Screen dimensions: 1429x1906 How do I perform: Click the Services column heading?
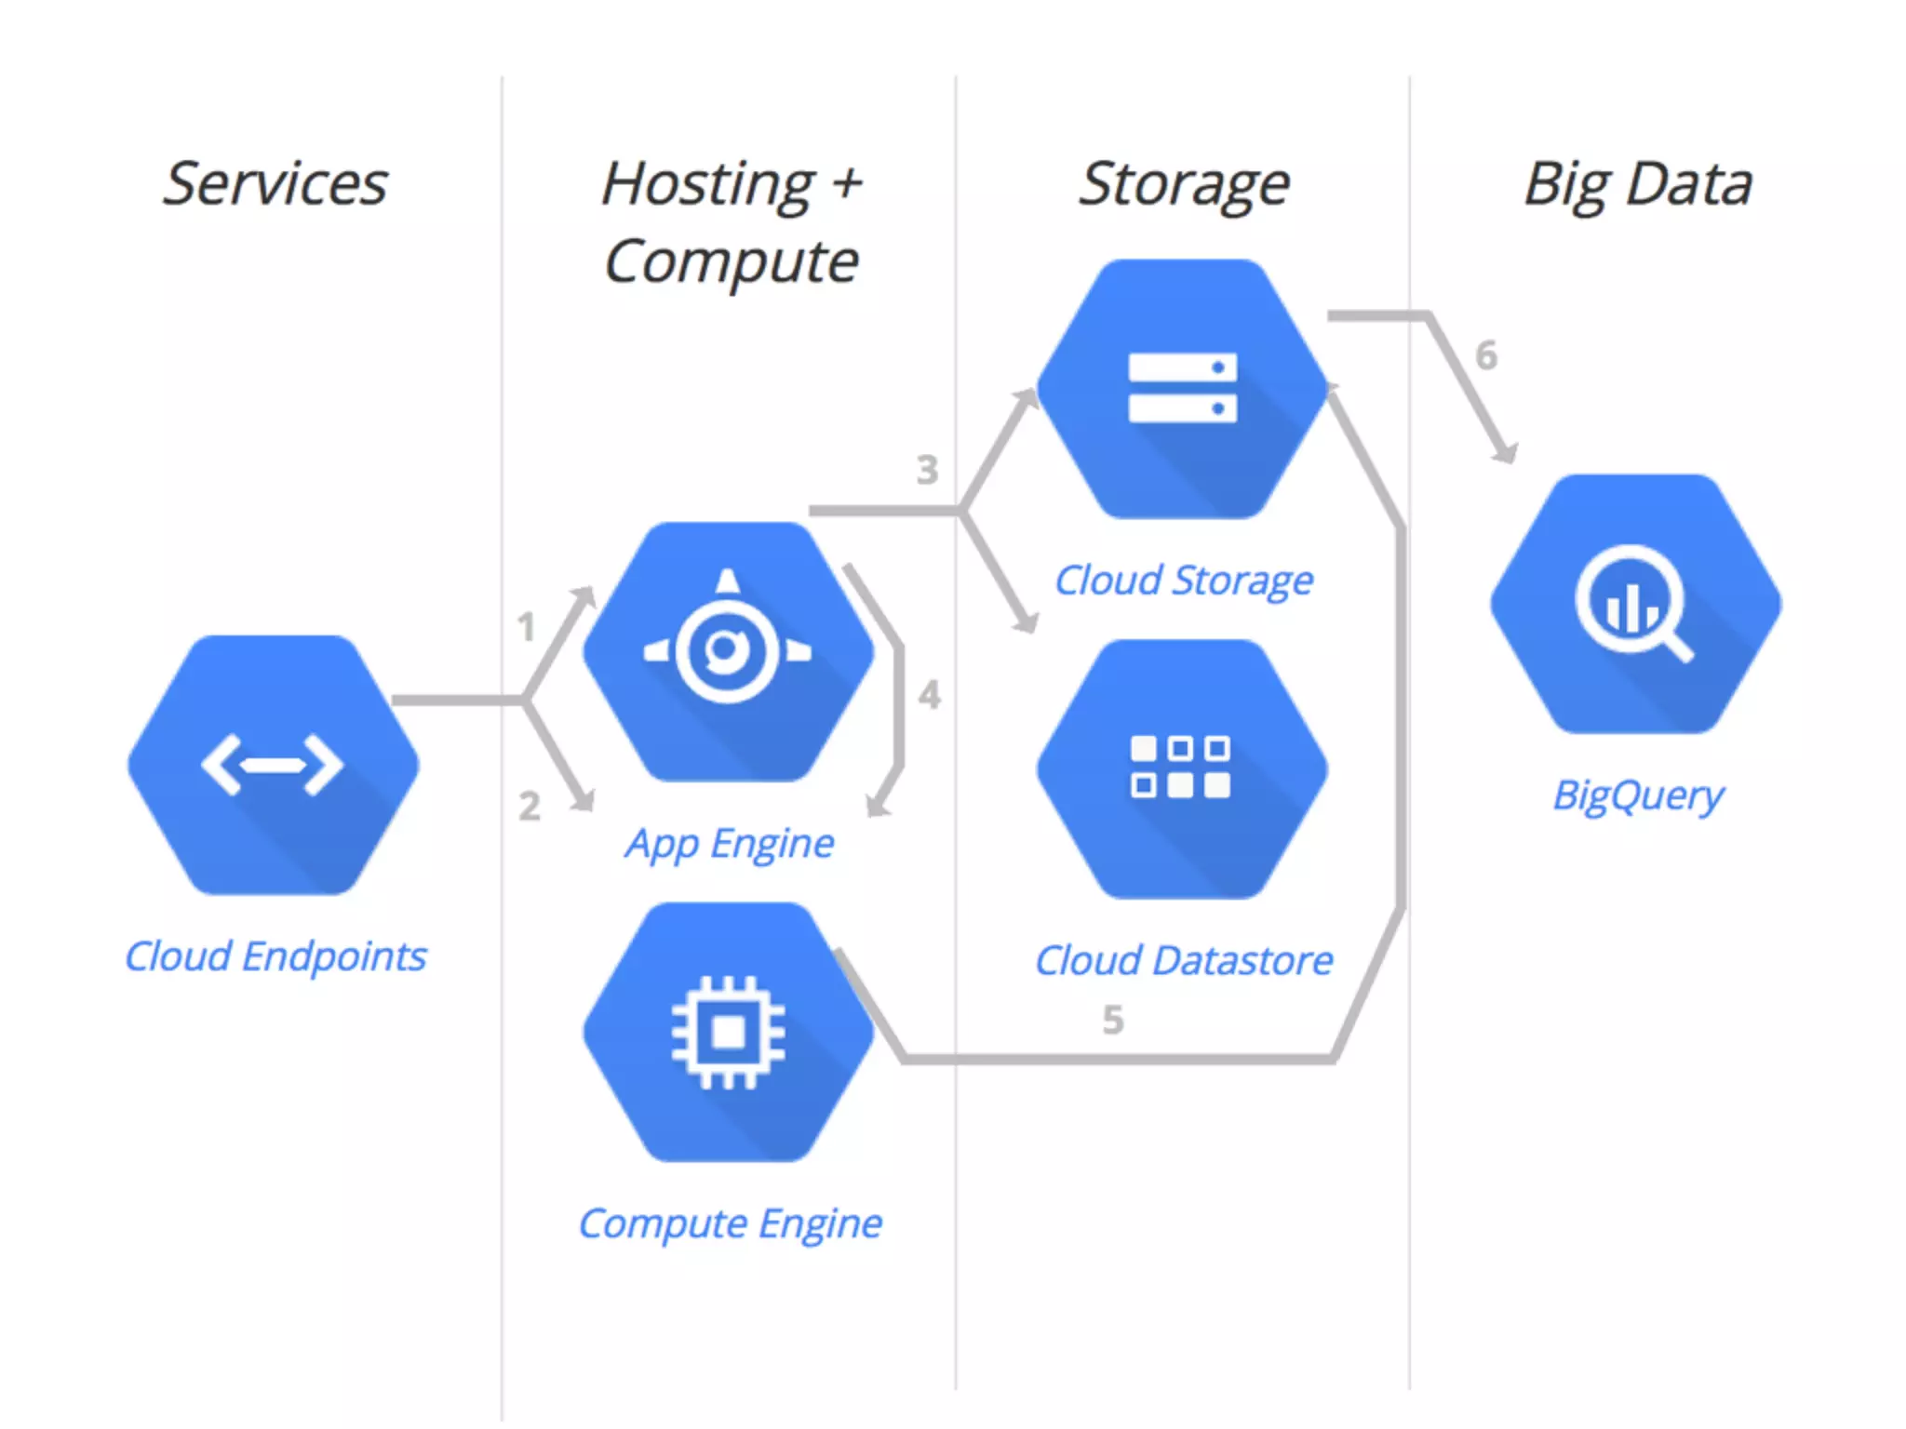click(x=275, y=184)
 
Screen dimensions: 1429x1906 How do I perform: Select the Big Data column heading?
click(x=1638, y=184)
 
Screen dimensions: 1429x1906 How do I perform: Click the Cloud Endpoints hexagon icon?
click(x=273, y=765)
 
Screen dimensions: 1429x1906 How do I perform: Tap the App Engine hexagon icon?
click(x=728, y=651)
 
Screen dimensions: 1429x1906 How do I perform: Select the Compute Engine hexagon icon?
click(x=728, y=1032)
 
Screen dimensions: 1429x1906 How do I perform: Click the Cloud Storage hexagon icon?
click(x=1182, y=388)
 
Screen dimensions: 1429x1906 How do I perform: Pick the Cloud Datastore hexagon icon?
click(x=1182, y=768)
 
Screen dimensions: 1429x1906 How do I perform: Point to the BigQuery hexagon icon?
click(x=1635, y=604)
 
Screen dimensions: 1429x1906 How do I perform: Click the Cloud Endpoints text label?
click(x=275, y=956)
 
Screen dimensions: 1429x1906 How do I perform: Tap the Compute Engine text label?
click(x=730, y=1224)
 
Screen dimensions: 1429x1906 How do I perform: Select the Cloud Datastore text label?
click(x=1184, y=961)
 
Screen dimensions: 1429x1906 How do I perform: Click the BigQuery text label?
click(x=1638, y=796)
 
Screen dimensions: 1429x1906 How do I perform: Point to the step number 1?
click(x=527, y=627)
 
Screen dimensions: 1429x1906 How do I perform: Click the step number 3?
click(x=927, y=470)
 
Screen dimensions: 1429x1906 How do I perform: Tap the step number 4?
click(x=930, y=695)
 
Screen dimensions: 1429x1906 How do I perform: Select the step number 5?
click(x=1113, y=1021)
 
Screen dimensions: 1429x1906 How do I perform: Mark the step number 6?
click(x=1486, y=355)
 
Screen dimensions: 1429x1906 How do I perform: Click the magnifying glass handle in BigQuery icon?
click(x=1677, y=644)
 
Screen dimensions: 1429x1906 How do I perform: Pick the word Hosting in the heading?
click(x=708, y=184)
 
